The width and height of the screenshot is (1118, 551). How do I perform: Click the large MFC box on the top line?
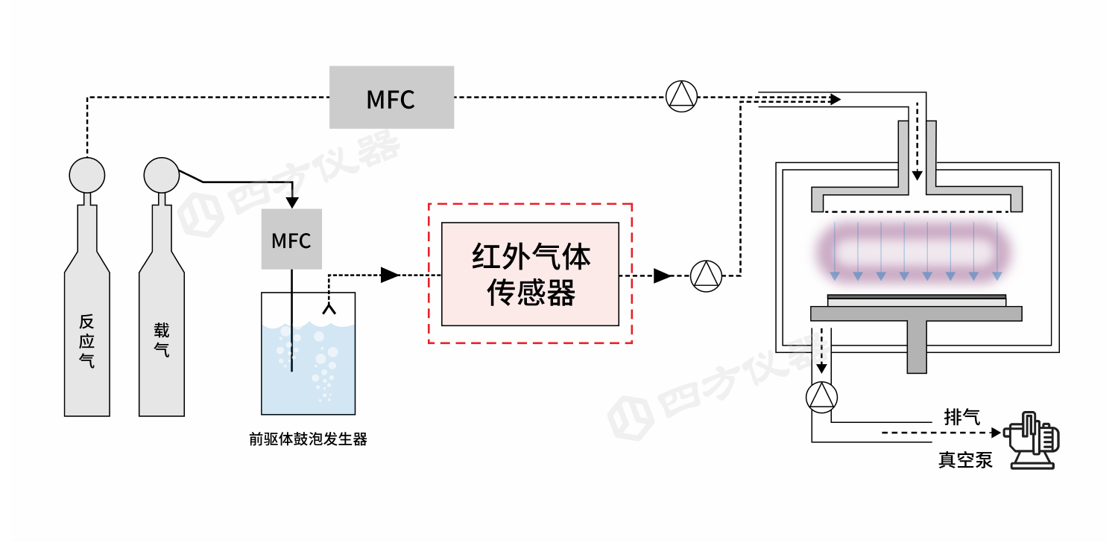tap(391, 98)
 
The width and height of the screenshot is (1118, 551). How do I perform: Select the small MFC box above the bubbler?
tap(291, 239)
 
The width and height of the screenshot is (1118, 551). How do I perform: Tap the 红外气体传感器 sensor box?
tap(530, 274)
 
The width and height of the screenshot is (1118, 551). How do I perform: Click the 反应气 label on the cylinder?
tap(87, 342)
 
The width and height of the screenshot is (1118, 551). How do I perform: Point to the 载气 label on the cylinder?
tap(161, 340)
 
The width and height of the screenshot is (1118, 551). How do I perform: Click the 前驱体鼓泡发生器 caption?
tap(308, 439)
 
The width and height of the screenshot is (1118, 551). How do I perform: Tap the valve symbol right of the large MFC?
tap(680, 97)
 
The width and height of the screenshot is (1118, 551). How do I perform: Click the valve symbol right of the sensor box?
tap(706, 275)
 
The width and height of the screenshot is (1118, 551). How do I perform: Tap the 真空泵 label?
tap(965, 460)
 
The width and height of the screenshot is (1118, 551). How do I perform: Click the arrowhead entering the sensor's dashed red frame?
tap(390, 275)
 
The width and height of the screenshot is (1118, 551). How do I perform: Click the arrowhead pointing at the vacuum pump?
tap(996, 432)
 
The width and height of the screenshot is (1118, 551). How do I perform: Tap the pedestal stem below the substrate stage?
tap(917, 347)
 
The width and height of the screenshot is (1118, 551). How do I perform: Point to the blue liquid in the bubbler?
tap(308, 372)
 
